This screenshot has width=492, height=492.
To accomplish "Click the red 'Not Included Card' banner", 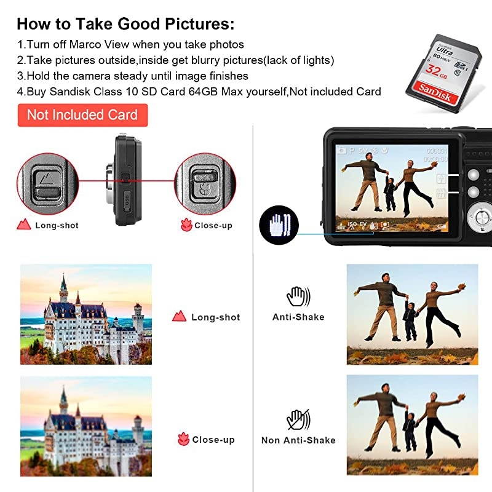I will pos(82,115).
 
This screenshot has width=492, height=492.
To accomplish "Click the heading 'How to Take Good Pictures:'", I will pos(125,25).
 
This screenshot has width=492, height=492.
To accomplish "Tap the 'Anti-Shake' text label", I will pos(298,317).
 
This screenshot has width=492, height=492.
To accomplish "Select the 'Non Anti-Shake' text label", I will pos(298,440).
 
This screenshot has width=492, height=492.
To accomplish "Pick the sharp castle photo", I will pos(86,314).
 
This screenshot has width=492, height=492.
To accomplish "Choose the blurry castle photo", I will pos(86,426).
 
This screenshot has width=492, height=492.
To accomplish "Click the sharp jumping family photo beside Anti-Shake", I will pos(412,314).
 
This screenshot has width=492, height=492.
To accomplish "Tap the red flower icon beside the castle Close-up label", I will pos(183,440).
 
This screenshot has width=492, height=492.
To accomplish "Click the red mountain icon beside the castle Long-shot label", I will pos(180,317).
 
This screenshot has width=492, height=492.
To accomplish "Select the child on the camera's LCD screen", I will pos(389,193).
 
